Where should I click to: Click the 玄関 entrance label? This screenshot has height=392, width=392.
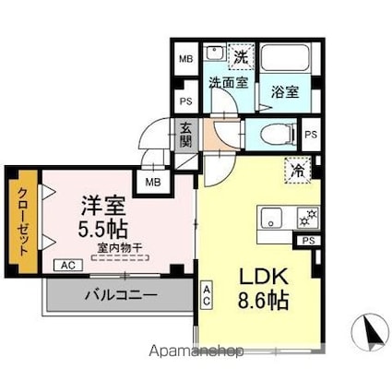coord(185,135)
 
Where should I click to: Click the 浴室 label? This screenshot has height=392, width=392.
coord(284,91)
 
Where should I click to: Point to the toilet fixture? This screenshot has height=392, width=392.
coord(274,133)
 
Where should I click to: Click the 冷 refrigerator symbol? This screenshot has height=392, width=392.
coord(299,171)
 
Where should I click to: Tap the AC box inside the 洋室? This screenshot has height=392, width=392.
coord(65,265)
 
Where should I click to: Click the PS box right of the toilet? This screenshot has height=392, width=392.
coord(312,133)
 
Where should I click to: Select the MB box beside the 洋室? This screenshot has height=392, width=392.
coord(148,183)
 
